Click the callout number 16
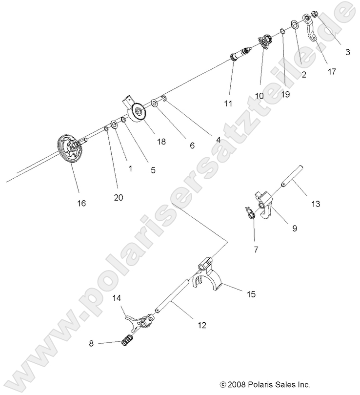(81, 203)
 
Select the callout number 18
(161, 142)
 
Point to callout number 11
(228, 104)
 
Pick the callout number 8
(92, 343)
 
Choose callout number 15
(251, 294)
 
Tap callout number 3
(347, 52)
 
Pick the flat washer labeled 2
(295, 24)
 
